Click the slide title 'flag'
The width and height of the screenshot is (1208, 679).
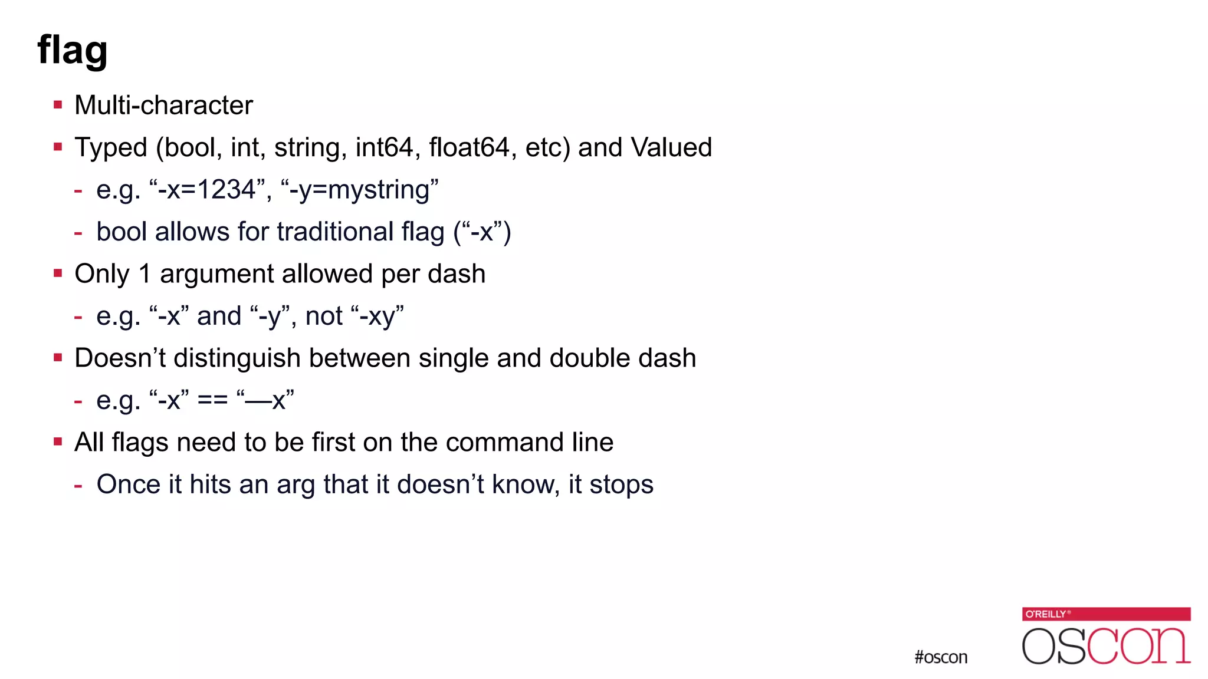coord(72,50)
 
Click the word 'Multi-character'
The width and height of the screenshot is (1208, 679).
coord(163,106)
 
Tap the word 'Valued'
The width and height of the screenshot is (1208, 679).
coord(671,147)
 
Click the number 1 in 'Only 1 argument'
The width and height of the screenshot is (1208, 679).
coord(145,274)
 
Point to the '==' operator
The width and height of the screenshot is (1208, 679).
coord(212,401)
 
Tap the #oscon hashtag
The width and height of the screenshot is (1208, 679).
coord(941,657)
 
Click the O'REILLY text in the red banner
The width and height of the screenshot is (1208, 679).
coord(1046,614)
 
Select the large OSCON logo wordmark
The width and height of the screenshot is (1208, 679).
coord(1106,646)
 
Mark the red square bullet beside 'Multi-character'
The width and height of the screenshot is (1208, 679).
coord(58,106)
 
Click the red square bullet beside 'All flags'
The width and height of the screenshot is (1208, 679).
coord(58,442)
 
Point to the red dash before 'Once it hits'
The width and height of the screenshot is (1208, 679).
coord(78,486)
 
